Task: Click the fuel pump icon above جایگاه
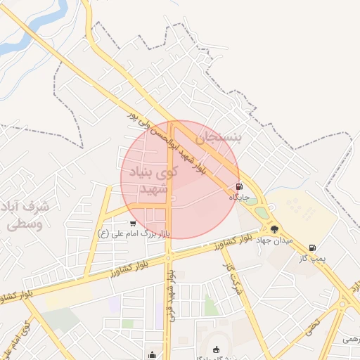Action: coord(240,187)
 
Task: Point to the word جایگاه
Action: coord(240,198)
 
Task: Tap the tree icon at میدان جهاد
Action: coord(274,229)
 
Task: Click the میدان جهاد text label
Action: coord(272,240)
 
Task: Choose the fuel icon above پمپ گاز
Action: coord(312,247)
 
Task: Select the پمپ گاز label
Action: coord(311,258)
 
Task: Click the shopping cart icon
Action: coord(133,224)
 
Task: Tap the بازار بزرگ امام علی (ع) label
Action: coord(134,233)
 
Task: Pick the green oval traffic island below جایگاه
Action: coord(262,212)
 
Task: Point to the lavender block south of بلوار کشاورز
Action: coord(114,304)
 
